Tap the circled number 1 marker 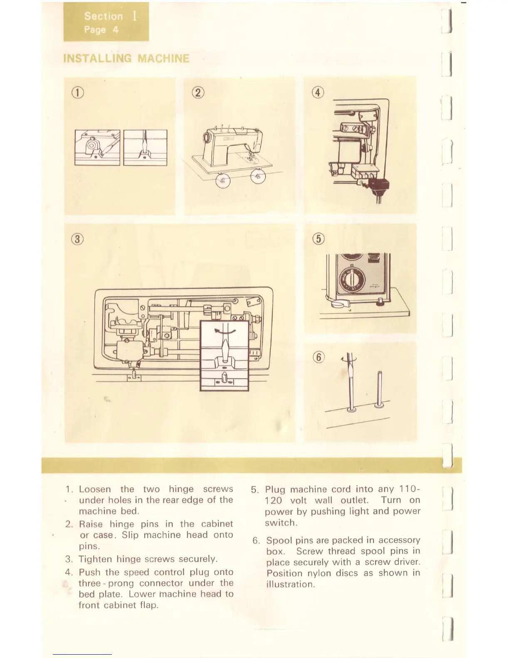pos(78,93)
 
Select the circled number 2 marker pos(198,93)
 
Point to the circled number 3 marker pos(78,239)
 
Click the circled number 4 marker pos(318,93)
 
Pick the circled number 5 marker pos(318,239)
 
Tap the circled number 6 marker pos(319,357)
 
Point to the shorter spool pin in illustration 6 pos(379,388)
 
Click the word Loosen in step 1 pos(95,489)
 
